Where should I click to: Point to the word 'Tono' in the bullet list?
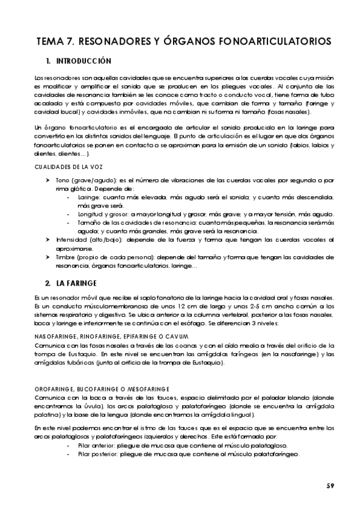(61, 180)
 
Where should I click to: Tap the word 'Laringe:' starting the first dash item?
(90, 197)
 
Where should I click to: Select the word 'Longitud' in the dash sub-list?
(92, 215)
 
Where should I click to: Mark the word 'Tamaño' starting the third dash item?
(90, 223)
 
